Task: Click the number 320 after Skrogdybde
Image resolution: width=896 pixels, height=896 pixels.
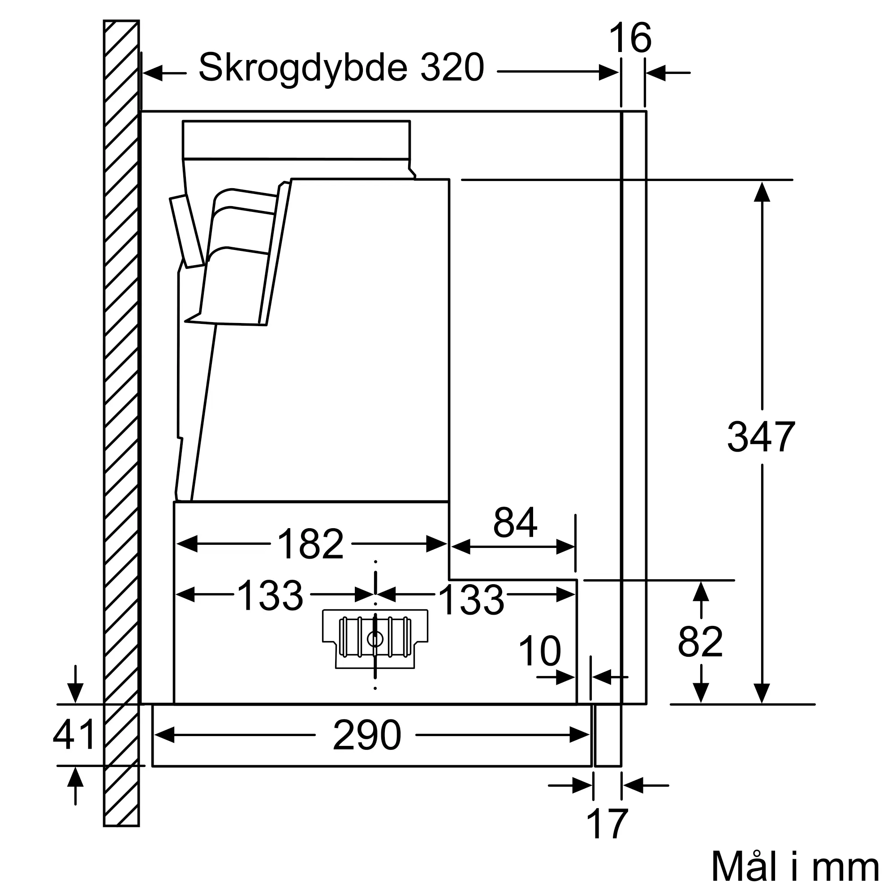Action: pyautogui.click(x=452, y=68)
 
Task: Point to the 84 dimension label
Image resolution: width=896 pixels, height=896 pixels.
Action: pyautogui.click(x=515, y=522)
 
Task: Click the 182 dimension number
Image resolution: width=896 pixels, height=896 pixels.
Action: pyautogui.click(x=310, y=544)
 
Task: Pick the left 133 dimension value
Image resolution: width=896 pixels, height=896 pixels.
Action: pyautogui.click(x=270, y=595)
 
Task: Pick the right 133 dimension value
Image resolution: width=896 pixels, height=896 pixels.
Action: pyautogui.click(x=471, y=600)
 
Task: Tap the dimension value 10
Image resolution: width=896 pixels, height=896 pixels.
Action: pyautogui.click(x=539, y=651)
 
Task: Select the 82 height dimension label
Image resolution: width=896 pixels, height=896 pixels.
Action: pyautogui.click(x=700, y=642)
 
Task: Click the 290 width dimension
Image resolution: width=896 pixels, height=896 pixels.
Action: pyautogui.click(x=366, y=735)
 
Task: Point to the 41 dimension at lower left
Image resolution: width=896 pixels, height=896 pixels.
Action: pyautogui.click(x=74, y=734)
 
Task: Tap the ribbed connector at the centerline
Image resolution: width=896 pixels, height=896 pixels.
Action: pyautogui.click(x=375, y=638)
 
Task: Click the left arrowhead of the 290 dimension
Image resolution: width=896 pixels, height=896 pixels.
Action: pyautogui.click(x=164, y=735)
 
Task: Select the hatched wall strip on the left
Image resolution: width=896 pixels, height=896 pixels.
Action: pyautogui.click(x=121, y=418)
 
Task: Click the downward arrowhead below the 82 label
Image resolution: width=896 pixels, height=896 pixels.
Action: pyautogui.click(x=701, y=693)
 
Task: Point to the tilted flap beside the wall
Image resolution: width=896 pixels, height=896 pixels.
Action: pyautogui.click(x=186, y=232)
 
